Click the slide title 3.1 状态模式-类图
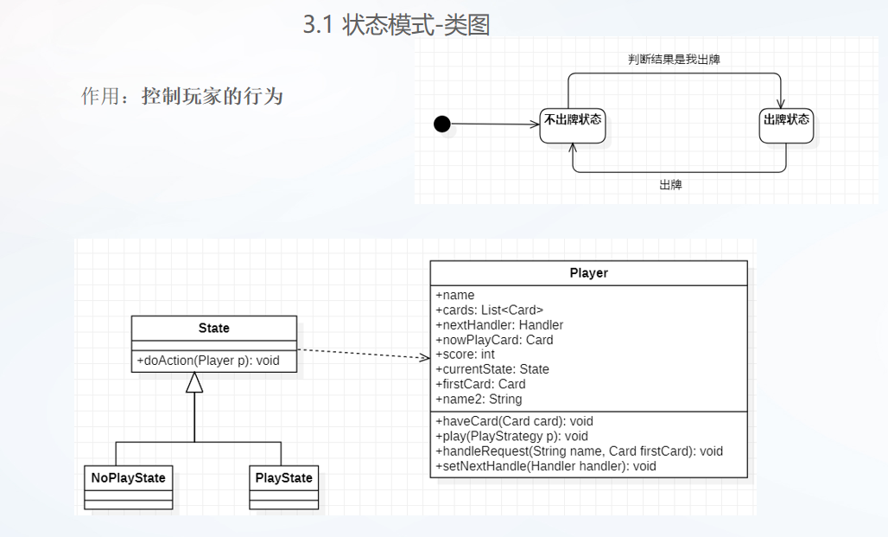coord(396,25)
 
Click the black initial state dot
coord(442,124)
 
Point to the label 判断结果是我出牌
coord(675,60)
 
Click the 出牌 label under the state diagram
coord(670,184)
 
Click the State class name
coord(213,328)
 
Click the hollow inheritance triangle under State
coord(195,381)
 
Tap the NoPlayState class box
coord(128,487)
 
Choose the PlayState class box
coord(283,487)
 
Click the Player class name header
coord(588,272)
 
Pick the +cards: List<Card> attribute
coord(490,310)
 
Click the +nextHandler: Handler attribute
coord(499,324)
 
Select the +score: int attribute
coord(465,355)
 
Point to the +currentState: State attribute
coord(492,369)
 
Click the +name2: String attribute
coord(479,399)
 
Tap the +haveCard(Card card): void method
coord(514,421)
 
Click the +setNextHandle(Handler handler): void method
coord(546,465)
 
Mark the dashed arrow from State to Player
coord(363,353)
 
